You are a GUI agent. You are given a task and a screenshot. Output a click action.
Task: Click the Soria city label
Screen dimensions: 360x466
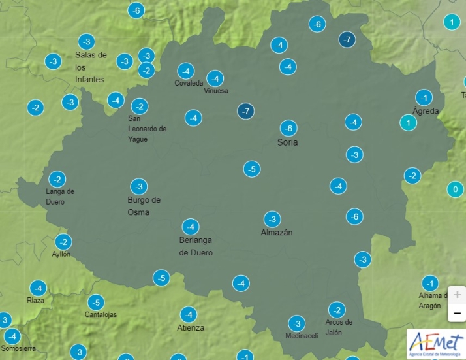(287, 142)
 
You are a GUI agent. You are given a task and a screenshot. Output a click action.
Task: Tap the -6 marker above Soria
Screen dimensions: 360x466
(288, 128)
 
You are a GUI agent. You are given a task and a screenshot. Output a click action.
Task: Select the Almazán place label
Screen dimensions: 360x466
(277, 233)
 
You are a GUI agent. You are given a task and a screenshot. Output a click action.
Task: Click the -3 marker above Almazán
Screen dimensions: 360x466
(272, 219)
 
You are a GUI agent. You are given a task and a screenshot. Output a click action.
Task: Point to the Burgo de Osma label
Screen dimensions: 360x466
(144, 206)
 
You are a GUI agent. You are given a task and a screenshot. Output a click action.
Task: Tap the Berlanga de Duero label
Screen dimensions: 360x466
(196, 246)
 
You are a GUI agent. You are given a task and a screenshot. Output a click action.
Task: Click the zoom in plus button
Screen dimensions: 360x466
(457, 295)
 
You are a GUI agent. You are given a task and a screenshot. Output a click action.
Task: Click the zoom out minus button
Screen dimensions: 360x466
(457, 313)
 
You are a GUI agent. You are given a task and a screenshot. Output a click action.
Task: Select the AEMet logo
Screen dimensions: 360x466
(435, 344)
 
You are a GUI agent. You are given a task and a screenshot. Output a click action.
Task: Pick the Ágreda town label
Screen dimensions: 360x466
(426, 111)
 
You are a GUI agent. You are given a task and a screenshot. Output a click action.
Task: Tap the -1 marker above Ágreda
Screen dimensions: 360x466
(424, 98)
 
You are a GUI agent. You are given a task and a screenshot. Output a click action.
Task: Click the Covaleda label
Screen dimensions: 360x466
(189, 83)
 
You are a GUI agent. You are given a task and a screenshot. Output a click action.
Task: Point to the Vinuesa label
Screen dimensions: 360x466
(216, 91)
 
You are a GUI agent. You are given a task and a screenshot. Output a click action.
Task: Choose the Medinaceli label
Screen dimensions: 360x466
(302, 336)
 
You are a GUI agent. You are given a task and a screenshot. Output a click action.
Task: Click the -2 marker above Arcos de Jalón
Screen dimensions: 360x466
(337, 310)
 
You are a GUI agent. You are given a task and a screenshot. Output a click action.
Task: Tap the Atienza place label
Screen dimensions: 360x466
(191, 327)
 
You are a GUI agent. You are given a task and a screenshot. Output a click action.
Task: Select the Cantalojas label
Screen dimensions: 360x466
(101, 314)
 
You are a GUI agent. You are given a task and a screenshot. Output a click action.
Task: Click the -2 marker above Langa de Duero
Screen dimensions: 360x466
(57, 179)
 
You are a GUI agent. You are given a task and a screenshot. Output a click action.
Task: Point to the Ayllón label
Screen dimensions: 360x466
(61, 254)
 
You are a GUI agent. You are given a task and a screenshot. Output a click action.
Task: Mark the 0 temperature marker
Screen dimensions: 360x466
(455, 190)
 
